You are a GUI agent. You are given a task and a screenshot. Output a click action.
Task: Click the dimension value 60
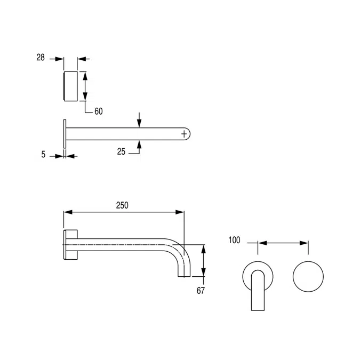coord(98,111)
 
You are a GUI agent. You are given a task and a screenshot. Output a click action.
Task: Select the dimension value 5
coord(43,155)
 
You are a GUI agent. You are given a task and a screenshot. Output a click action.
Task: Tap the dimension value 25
coord(121,151)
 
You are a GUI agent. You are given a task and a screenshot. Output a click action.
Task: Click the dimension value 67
coord(201,291)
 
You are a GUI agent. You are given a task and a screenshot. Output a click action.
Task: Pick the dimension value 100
coord(234,241)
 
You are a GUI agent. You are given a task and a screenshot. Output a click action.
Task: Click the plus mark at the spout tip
coord(185,132)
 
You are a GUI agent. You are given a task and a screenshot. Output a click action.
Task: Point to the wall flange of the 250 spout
coord(71,246)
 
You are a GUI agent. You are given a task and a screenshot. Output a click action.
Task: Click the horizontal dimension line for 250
coord(124,212)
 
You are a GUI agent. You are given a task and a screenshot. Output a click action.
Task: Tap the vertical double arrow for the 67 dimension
coord(203,261)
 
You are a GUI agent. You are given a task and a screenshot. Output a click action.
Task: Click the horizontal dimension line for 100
coord(283,243)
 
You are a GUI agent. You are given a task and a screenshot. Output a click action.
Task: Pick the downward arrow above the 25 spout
coord(139,120)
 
